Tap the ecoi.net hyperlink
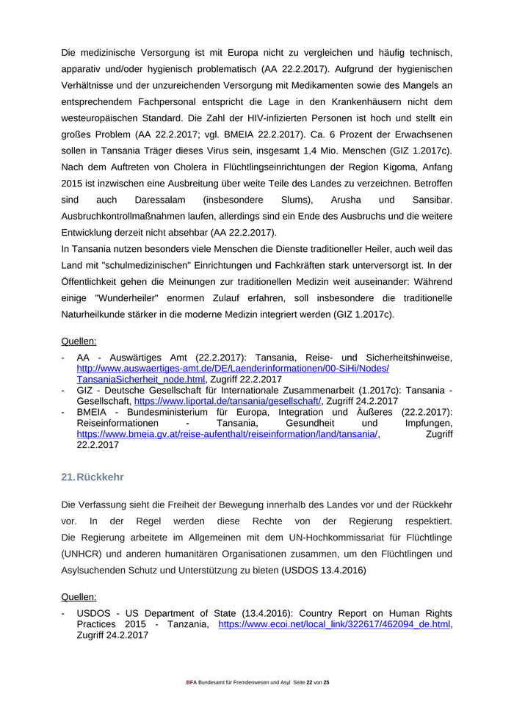334,624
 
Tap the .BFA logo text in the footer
191,683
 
